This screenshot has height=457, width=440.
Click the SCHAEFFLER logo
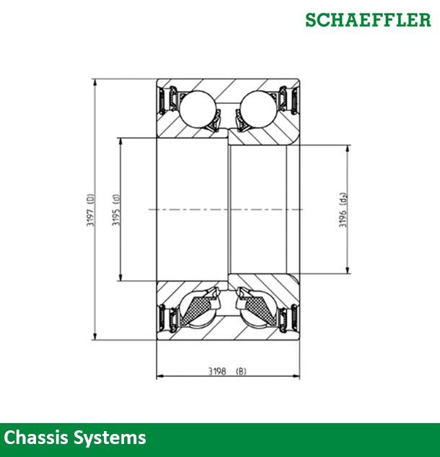(x=368, y=19)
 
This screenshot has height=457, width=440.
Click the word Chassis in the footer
(x=36, y=438)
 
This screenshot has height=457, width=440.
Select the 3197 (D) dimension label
(x=89, y=209)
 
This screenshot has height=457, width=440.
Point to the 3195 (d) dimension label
(x=115, y=209)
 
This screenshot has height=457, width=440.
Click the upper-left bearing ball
(x=197, y=110)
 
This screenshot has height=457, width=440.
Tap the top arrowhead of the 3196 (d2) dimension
(x=350, y=149)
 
